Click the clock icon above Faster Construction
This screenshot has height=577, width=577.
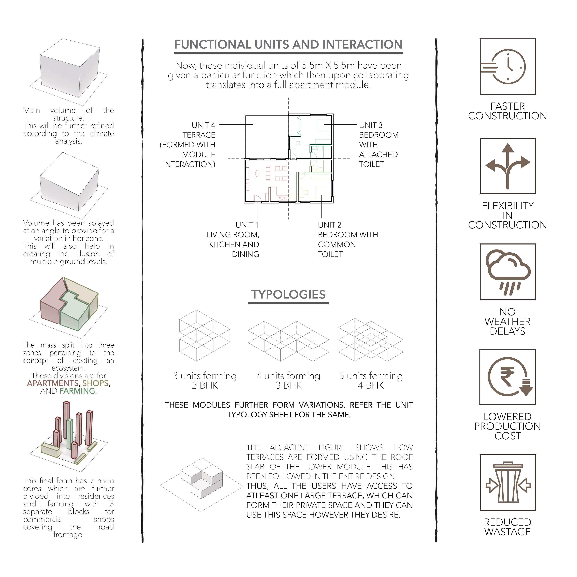[x=508, y=66]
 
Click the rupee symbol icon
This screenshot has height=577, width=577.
[x=508, y=377]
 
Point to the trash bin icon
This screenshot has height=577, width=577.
[x=508, y=482]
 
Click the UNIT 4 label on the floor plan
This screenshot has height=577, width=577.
[x=203, y=125]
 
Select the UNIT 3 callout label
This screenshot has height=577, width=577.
[x=371, y=125]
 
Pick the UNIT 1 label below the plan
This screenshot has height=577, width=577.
[x=247, y=225]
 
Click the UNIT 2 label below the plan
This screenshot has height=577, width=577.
[x=329, y=225]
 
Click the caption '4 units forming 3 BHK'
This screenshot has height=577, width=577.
[x=288, y=380]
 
